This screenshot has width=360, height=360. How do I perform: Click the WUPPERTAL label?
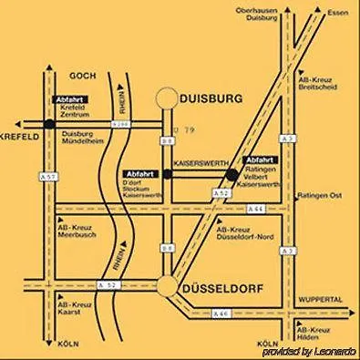pos(318,299)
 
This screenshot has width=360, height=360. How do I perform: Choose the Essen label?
pos(340,14)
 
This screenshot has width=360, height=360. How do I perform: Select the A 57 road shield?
pos(52,175)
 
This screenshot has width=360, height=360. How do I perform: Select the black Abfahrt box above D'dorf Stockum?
pos(139,173)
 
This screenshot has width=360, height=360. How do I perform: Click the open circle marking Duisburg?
pos(167,97)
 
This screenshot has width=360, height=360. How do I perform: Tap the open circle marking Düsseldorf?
pos(167,285)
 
